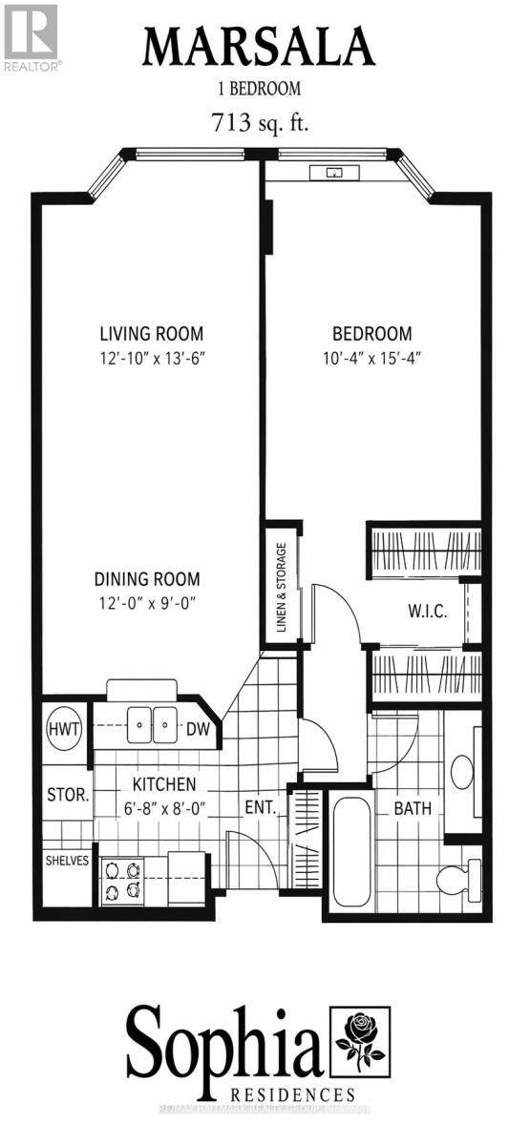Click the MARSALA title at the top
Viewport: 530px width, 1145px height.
259,46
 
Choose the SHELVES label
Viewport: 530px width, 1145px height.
67,861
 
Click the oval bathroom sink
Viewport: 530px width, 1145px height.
463,772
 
